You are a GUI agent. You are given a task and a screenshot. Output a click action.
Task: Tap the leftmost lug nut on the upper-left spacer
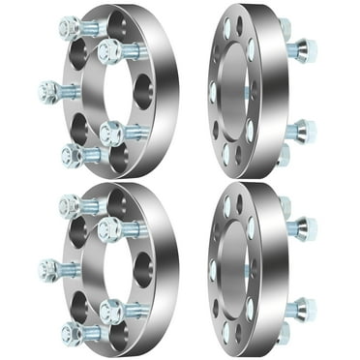(x=46, y=92)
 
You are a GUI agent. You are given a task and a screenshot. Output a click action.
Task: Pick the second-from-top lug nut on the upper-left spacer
(x=107, y=49)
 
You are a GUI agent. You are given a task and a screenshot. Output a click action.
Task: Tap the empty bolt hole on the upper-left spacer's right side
(x=146, y=83)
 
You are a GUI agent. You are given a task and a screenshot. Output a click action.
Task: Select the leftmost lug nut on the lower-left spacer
(x=46, y=269)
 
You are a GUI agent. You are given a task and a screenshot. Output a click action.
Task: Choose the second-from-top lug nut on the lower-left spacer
(x=107, y=228)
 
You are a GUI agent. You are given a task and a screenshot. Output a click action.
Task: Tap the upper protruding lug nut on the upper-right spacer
(x=301, y=48)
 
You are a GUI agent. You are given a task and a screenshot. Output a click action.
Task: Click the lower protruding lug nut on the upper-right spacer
(x=301, y=129)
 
